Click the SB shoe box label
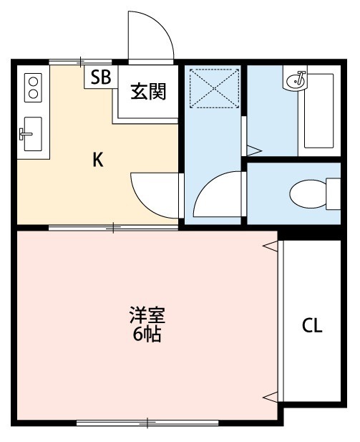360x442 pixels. [x=100, y=77]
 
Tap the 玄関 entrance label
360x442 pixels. [x=148, y=92]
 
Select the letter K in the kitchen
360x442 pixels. [x=98, y=160]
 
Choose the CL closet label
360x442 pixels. [x=311, y=326]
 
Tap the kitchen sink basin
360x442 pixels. [x=33, y=133]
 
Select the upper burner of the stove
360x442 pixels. [x=32, y=82]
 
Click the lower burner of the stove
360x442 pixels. [x=32, y=94]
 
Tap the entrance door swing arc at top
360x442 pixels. [x=150, y=36]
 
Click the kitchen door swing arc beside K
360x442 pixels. [x=152, y=192]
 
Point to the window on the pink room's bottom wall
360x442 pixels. [x=147, y=423]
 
